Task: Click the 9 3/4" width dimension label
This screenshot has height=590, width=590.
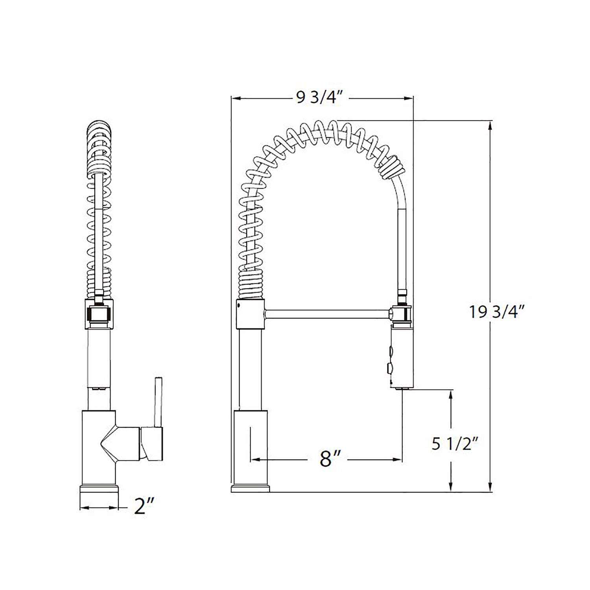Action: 320,97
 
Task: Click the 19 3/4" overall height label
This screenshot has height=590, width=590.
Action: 497,312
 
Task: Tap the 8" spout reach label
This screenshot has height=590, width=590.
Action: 330,459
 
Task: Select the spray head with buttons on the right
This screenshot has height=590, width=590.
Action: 402,356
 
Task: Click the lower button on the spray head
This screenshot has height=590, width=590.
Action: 390,369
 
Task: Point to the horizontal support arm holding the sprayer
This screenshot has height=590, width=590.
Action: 326,314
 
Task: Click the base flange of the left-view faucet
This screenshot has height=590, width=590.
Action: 99,490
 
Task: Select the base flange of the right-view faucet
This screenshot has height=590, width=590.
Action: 250,489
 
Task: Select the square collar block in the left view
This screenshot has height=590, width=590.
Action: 99,313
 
